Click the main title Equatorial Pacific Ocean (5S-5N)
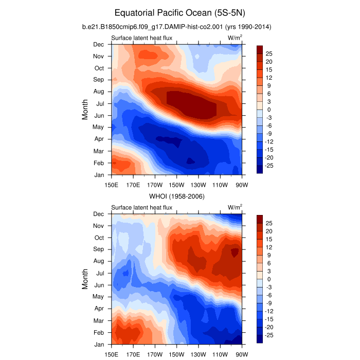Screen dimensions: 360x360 pyautogui.click(x=180, y=12)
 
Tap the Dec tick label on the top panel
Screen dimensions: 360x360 pyautogui.click(x=99, y=44)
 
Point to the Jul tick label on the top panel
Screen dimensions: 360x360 pyautogui.click(x=100, y=103)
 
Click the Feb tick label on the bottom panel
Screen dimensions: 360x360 pyautogui.click(x=99, y=332)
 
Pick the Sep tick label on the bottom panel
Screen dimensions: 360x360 pyautogui.click(x=99, y=249)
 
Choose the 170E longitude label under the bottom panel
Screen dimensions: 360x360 pyautogui.click(x=133, y=354)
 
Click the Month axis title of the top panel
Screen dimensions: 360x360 pyautogui.click(x=85, y=110)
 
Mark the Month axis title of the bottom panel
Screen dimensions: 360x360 pyautogui.click(x=85, y=279)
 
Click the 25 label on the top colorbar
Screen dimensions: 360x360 pyautogui.click(x=269, y=53)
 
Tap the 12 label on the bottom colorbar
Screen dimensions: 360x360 pyautogui.click(x=269, y=247)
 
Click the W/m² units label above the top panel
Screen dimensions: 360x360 pyautogui.click(x=235, y=37)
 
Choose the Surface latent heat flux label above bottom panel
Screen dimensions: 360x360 pyautogui.click(x=142, y=207)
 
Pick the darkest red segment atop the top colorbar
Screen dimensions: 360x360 pyautogui.click(x=260, y=49)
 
